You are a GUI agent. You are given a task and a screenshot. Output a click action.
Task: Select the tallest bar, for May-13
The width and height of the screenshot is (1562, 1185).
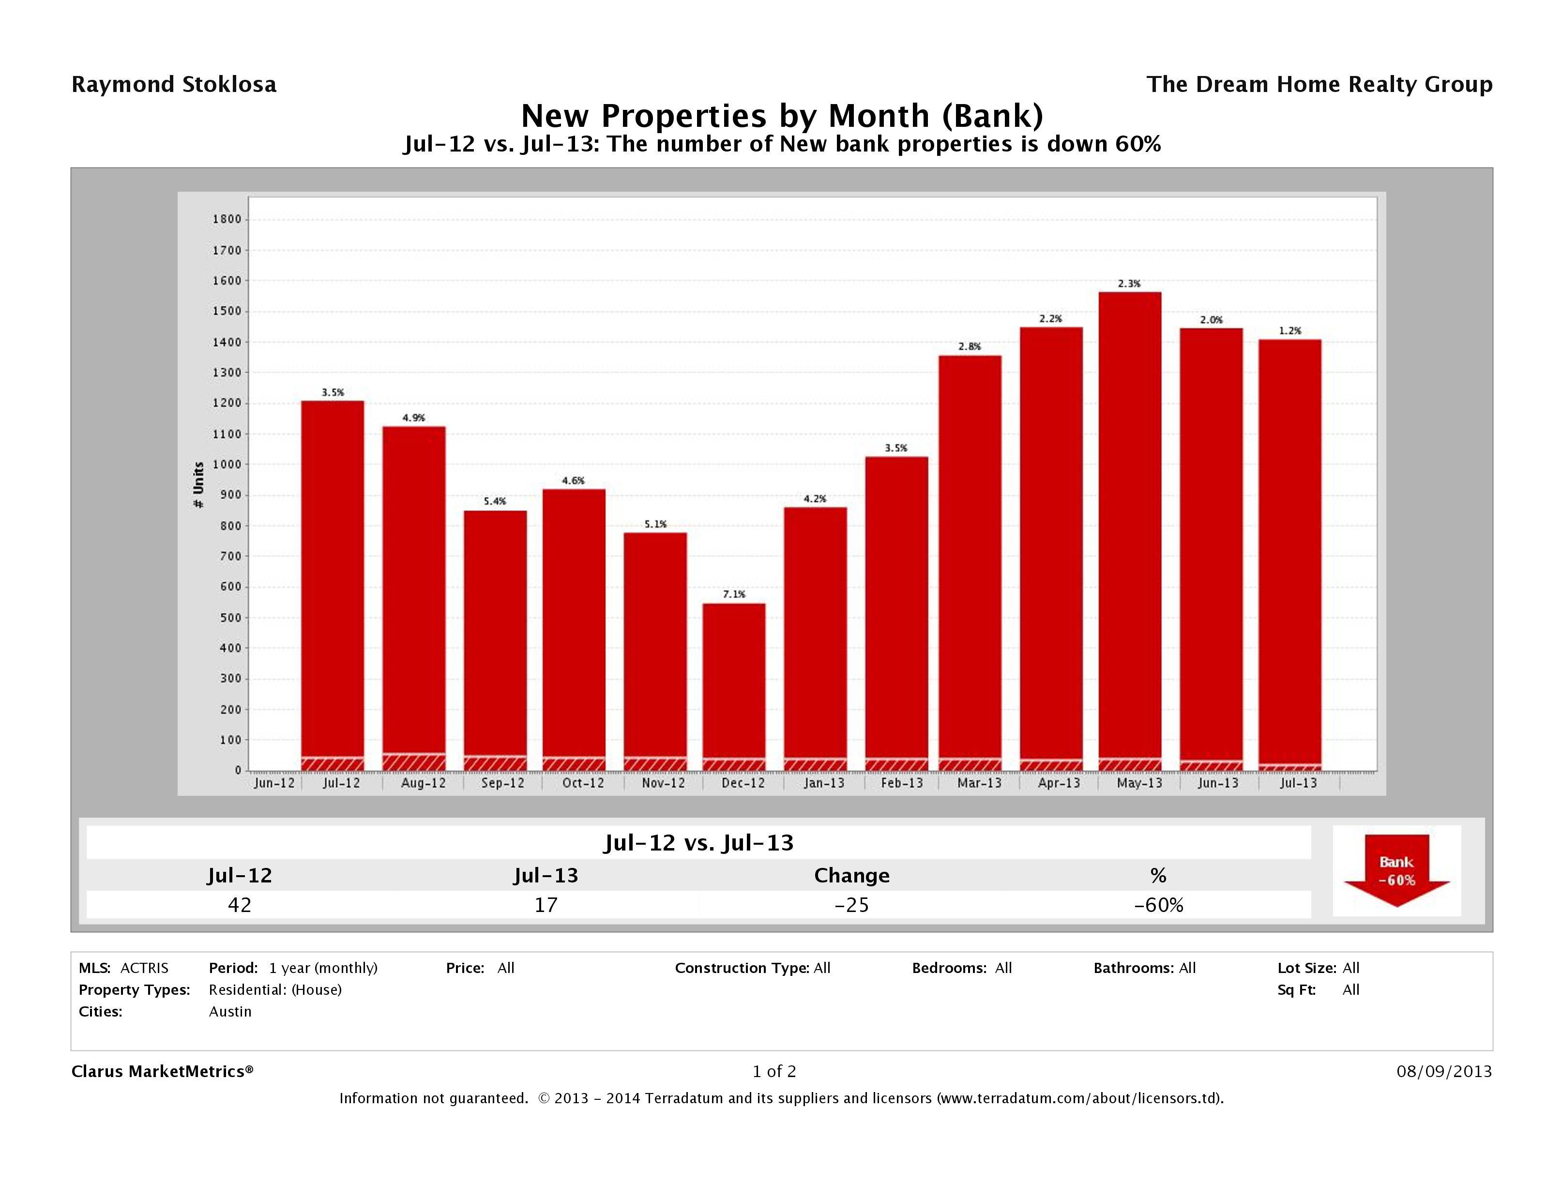[1130, 530]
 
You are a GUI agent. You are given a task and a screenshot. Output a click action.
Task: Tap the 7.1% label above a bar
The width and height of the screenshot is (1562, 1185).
[734, 594]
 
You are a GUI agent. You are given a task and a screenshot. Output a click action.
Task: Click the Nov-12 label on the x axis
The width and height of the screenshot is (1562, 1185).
[663, 783]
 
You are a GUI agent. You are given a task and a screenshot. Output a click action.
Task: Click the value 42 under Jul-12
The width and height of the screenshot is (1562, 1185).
[240, 905]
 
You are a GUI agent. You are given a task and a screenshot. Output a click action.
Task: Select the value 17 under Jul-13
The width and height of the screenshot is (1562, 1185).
[546, 905]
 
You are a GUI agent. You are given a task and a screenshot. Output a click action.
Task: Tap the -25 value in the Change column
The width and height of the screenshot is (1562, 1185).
[851, 905]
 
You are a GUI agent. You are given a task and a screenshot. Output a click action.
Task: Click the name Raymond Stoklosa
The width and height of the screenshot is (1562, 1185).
[174, 85]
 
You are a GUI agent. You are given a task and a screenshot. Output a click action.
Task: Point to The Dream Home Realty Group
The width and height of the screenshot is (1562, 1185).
[1319, 85]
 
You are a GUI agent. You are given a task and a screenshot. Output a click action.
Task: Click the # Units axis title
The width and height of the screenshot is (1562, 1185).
[198, 485]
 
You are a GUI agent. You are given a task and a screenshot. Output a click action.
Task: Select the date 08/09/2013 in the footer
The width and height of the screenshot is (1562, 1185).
[1444, 1071]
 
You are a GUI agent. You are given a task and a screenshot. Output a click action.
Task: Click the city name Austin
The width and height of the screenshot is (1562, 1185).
[230, 1011]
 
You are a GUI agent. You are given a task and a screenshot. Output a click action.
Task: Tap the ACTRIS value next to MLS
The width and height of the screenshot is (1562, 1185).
[144, 968]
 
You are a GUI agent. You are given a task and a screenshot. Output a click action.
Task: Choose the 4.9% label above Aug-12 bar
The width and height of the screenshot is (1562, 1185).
[414, 417]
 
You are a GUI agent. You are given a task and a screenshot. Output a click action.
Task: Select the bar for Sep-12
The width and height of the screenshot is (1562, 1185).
[495, 636]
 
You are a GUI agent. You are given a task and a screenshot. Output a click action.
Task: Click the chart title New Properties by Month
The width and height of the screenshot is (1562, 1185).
[782, 116]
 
